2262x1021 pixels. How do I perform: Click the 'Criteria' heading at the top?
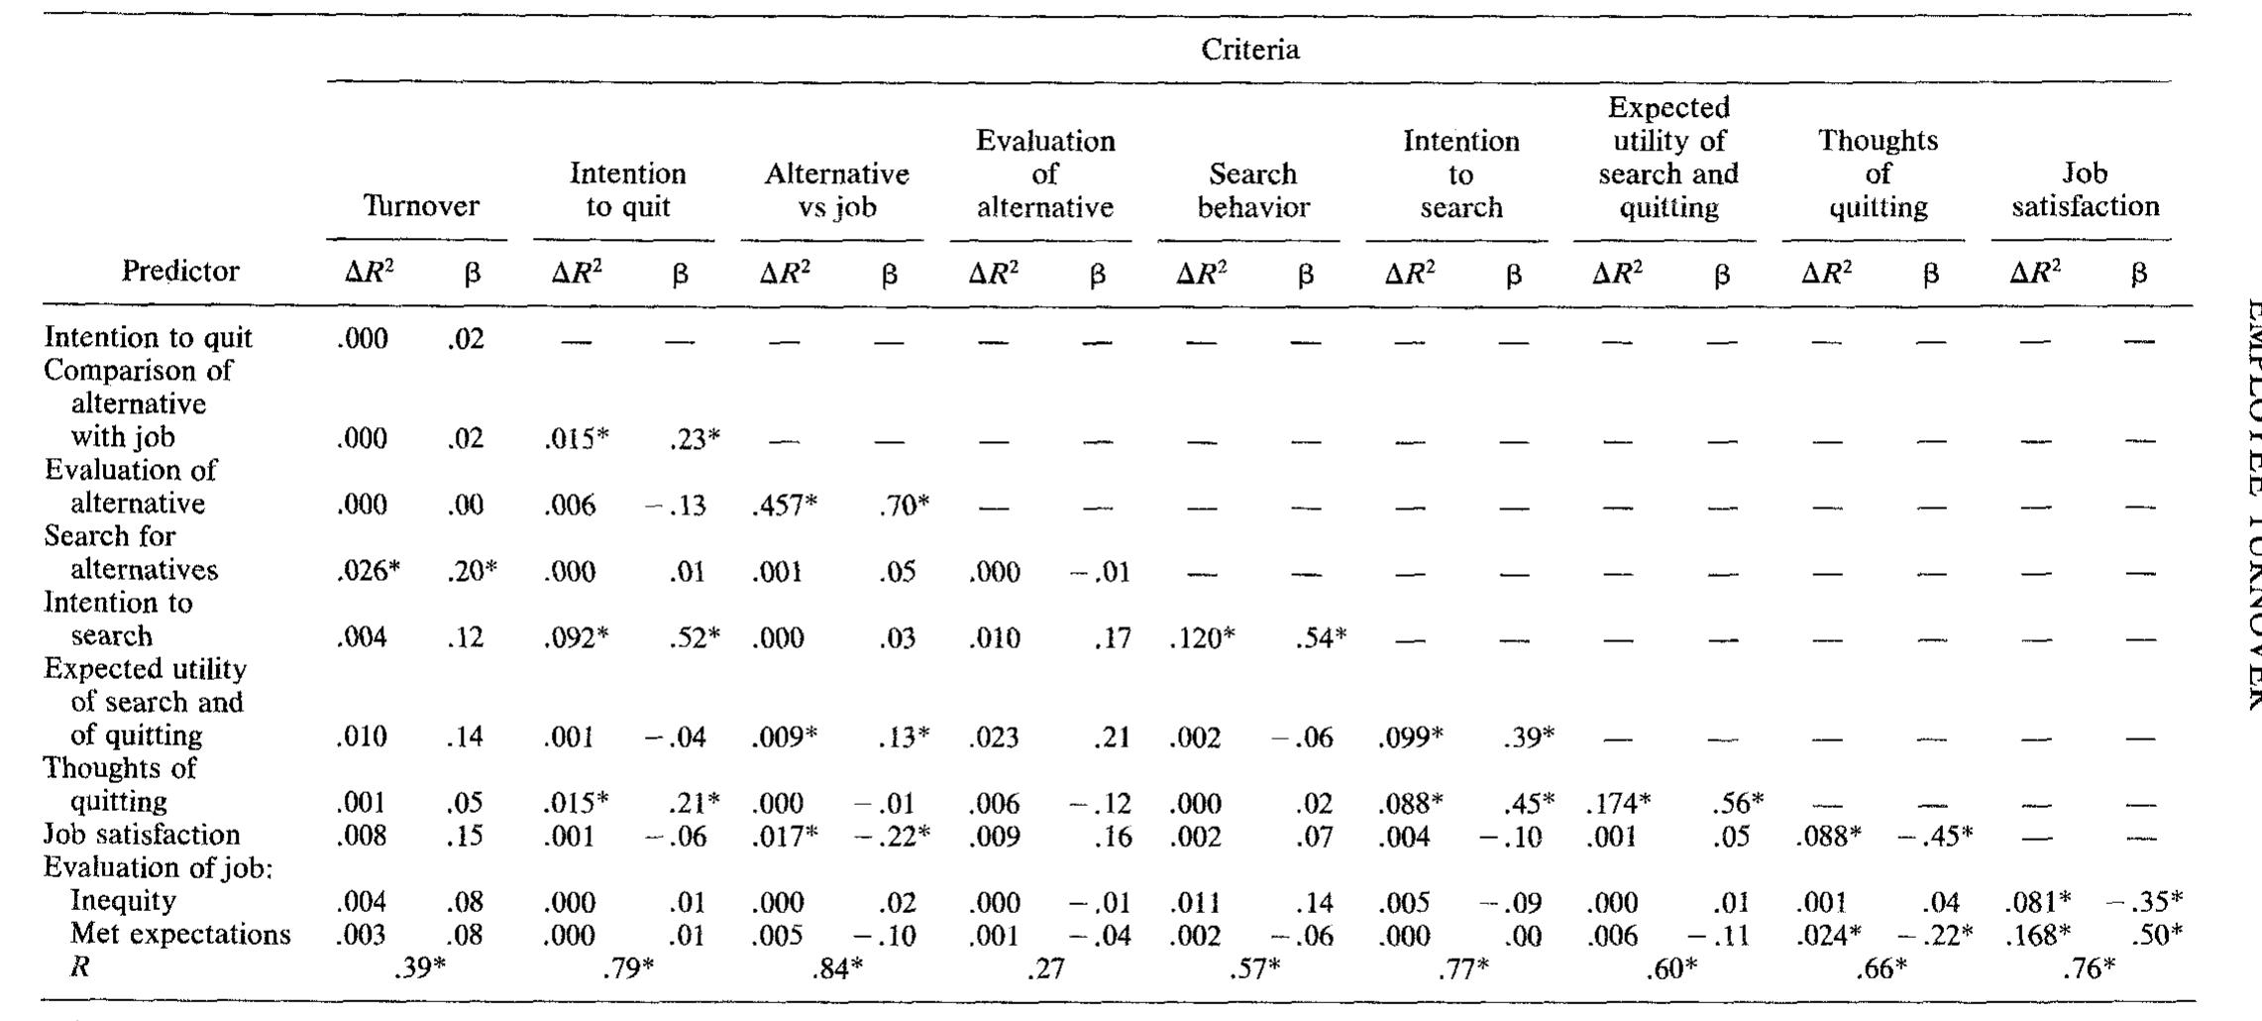tap(1249, 50)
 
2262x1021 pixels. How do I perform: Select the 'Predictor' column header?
tap(180, 271)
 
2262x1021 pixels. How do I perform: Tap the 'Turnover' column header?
tap(421, 206)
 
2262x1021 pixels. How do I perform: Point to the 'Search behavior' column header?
tap(1253, 190)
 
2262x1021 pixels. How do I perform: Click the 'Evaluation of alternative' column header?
tap(1045, 174)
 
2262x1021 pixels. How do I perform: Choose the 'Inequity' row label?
tap(123, 901)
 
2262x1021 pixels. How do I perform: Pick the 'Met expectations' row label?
tap(180, 935)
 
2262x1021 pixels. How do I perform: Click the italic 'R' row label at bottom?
tap(80, 967)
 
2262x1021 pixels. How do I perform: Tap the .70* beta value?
tap(903, 505)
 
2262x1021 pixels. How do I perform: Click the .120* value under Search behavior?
tap(1203, 637)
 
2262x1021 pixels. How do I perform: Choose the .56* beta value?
tap(1737, 803)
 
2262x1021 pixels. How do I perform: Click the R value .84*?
tap(838, 968)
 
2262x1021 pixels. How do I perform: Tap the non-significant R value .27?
tap(1046, 968)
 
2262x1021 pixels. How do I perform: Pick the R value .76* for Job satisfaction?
tap(2089, 968)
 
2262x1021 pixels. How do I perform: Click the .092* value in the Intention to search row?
tap(577, 637)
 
